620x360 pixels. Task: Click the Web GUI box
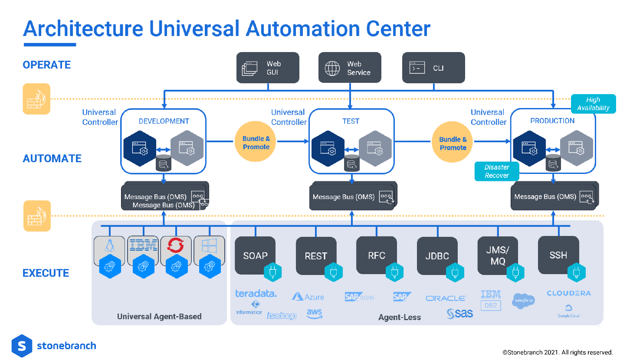click(268, 68)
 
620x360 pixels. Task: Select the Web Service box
click(350, 68)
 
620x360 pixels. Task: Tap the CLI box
click(433, 68)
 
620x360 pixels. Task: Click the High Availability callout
click(593, 104)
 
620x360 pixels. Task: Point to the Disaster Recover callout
click(497, 171)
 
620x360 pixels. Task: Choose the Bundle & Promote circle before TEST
click(256, 143)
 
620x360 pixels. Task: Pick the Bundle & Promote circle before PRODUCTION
click(453, 143)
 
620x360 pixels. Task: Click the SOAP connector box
click(255, 255)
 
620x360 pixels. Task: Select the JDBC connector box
click(437, 255)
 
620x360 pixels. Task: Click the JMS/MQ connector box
click(498, 255)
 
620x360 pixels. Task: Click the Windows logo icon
click(209, 246)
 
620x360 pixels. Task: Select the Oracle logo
click(446, 298)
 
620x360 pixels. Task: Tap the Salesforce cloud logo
click(523, 300)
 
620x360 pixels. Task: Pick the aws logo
click(314, 314)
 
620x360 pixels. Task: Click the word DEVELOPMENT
click(164, 121)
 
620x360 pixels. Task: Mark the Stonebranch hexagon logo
click(22, 346)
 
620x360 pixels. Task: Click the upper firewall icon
click(36, 99)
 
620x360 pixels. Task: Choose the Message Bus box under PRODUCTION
click(554, 196)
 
